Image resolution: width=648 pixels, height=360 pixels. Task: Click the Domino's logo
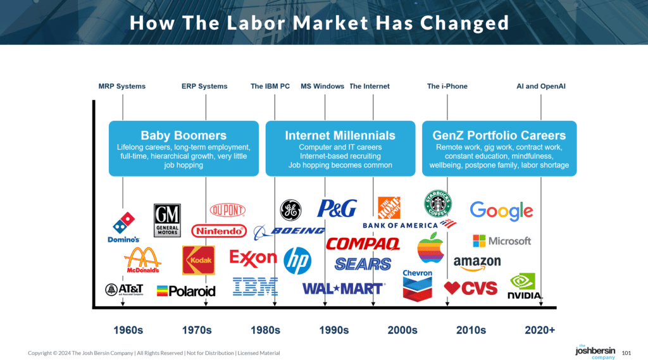124,227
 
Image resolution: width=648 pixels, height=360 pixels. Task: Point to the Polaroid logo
186,291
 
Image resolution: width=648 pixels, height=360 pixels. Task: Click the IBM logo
255,287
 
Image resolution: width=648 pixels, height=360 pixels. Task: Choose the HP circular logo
297,260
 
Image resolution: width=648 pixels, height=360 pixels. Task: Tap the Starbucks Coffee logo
437,204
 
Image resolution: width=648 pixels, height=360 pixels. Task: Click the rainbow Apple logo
430,247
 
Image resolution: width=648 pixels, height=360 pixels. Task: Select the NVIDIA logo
525,286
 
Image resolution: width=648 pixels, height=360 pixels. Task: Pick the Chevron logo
417,285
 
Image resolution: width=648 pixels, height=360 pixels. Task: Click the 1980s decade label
265,330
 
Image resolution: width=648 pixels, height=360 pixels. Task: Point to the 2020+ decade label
540,330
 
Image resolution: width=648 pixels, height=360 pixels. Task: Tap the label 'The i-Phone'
447,86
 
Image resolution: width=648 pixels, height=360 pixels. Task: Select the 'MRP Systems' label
122,86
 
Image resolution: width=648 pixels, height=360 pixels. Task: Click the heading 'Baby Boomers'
184,135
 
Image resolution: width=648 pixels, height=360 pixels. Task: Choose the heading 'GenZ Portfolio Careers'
499,135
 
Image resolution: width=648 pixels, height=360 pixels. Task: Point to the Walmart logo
343,289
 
